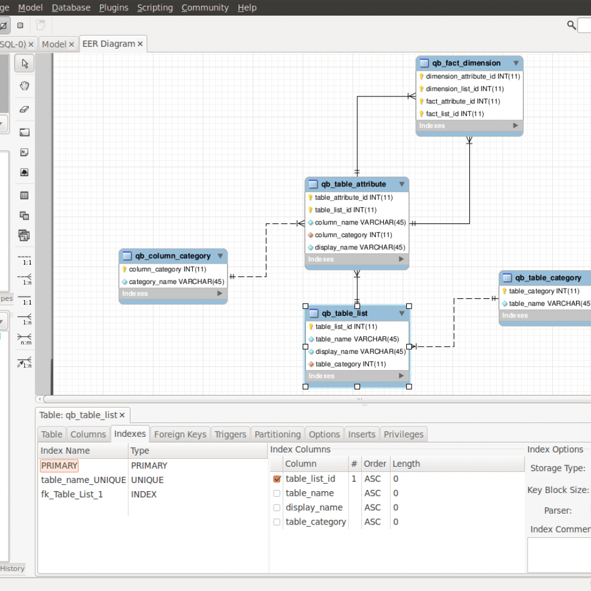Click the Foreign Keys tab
coord(180,435)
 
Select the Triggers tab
coord(230,435)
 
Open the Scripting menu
coord(155,8)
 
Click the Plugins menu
coord(114,8)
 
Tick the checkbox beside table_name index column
coord(277,493)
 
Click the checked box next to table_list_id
coord(277,479)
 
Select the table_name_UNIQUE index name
coord(83,480)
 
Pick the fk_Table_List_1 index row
coord(72,495)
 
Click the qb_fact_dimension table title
coord(466,63)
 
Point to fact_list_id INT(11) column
coord(455,114)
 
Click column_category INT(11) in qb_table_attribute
coord(353,235)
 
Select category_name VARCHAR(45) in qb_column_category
coord(176,282)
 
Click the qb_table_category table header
coord(548,278)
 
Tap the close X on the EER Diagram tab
coord(140,44)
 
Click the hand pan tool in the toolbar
coord(24,86)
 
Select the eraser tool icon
coord(24,109)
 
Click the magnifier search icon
coord(571,25)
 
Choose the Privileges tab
coord(403,435)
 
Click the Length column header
coord(406,464)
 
